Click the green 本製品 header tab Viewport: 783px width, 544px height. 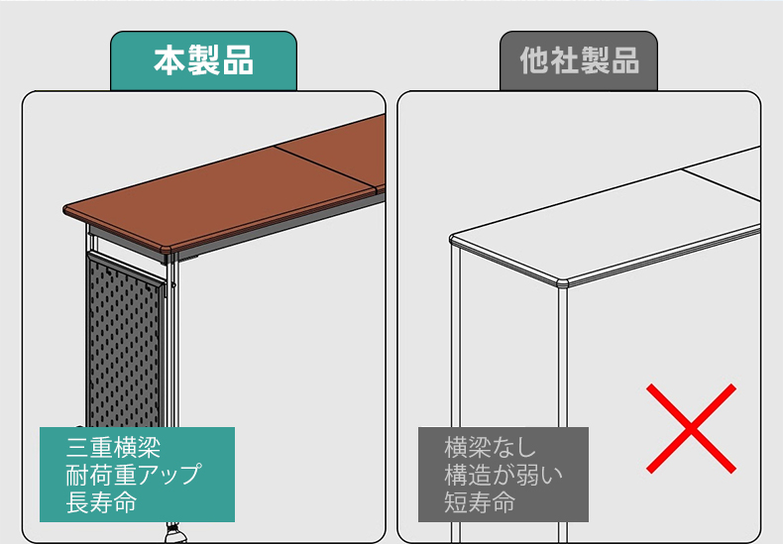pos(203,60)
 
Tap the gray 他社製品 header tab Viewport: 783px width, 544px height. pos(579,60)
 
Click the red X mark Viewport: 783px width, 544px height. pos(691,428)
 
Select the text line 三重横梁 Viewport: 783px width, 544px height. pos(113,447)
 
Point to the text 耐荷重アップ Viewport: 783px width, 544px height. pos(134,475)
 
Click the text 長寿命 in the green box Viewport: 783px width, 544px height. pos(101,502)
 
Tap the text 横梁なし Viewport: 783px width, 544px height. pos(490,447)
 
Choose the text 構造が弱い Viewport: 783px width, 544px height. pos(503,475)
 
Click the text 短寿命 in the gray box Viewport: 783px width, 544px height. pos(480,502)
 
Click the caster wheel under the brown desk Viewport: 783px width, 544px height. pos(175,533)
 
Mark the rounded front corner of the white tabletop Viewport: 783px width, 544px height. pos(563,283)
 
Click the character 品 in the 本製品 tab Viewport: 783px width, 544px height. pos(238,60)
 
